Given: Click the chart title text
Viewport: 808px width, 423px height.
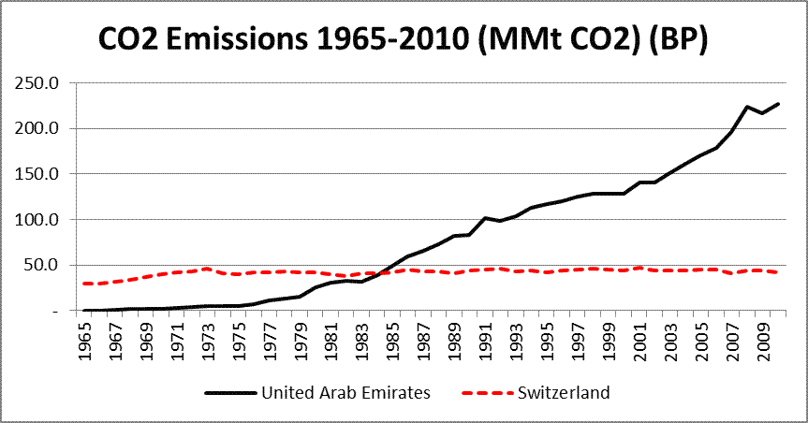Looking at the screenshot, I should tap(404, 40).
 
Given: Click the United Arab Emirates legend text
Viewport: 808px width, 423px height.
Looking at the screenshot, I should tap(347, 393).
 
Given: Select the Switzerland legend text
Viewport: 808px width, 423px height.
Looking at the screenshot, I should tap(563, 393).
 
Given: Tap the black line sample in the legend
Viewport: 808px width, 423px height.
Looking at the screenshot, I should tap(228, 393).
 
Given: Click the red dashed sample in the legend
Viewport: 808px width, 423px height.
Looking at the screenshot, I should tap(481, 393).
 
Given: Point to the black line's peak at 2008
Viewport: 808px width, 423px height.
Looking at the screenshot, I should tap(745, 107).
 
